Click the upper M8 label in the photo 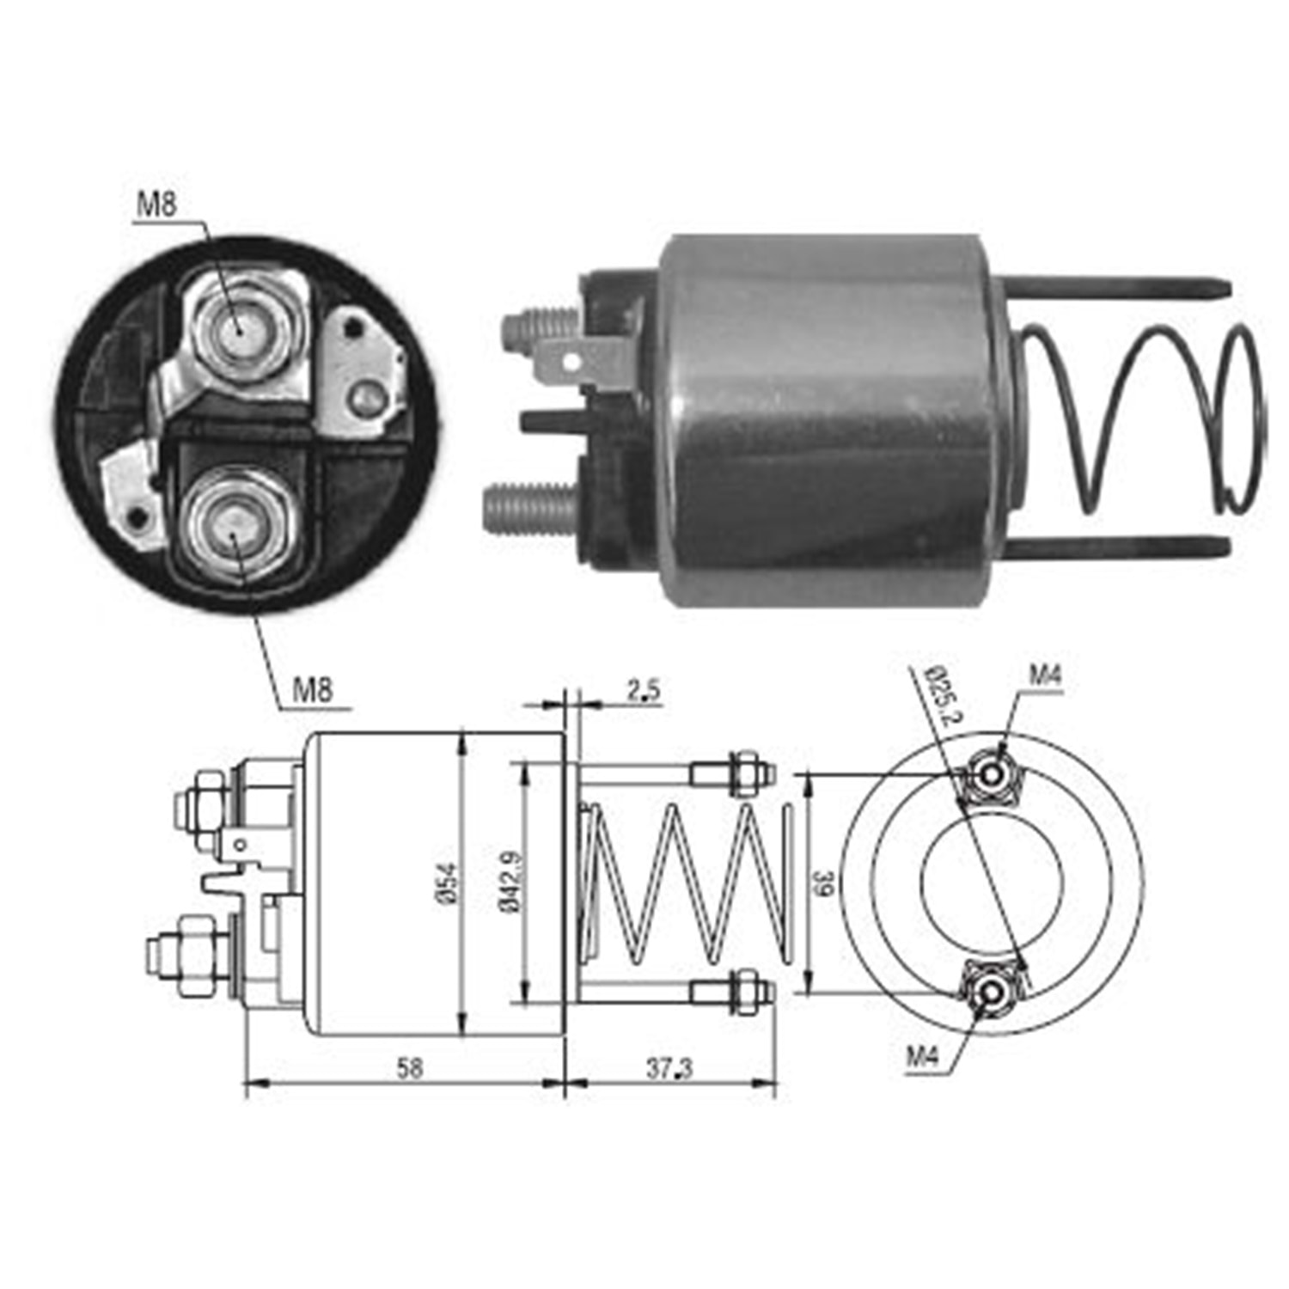[156, 205]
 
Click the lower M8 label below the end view [312, 689]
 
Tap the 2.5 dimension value [644, 690]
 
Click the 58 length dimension [410, 1068]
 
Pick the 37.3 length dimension [669, 1069]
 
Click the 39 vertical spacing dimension [824, 883]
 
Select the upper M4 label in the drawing [1046, 675]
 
